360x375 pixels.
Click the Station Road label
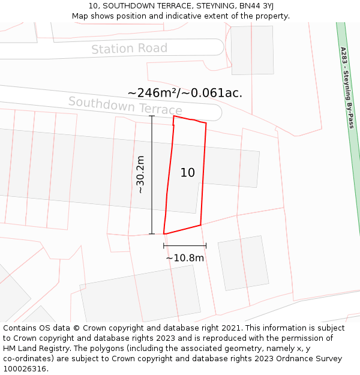129,49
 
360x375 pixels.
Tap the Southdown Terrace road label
125,106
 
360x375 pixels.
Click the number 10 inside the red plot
187,173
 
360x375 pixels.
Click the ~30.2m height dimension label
140,175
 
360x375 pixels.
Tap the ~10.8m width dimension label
185,258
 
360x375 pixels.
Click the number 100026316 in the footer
25,368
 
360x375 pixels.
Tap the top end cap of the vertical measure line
152,116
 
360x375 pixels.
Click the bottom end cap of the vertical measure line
152,234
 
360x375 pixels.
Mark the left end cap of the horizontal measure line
164,245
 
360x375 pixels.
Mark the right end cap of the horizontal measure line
206,245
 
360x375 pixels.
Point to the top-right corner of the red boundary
206,123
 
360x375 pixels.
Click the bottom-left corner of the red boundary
164,234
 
